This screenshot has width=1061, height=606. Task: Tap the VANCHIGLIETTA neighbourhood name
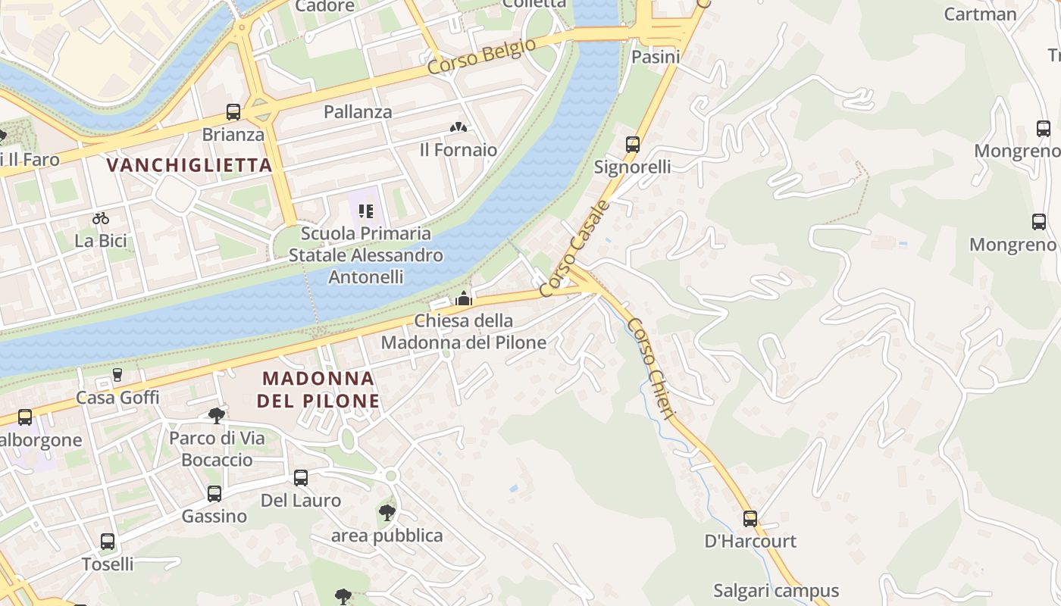coord(189,164)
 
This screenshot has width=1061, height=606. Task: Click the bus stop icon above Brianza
coord(233,112)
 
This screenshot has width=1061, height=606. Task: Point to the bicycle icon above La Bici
coord(101,218)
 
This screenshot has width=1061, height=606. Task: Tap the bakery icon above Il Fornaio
coord(459,127)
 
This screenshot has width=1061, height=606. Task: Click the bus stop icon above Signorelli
coord(632,144)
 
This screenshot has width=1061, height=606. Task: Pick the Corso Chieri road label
coord(650,371)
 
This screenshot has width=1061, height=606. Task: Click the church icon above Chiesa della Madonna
coord(463,298)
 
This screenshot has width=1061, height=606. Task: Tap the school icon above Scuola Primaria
coord(366,211)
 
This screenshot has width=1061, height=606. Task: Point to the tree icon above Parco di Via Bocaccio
coord(217,415)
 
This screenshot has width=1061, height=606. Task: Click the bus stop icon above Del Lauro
coord(301,477)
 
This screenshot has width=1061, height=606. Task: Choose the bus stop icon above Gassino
coord(214,494)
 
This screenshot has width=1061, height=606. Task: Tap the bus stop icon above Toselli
coord(108,542)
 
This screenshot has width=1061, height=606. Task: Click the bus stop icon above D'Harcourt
coord(750,518)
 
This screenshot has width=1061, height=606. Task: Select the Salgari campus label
coord(776,591)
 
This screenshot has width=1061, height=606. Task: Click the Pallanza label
coord(358,112)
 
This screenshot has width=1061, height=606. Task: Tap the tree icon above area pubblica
coord(387,513)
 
